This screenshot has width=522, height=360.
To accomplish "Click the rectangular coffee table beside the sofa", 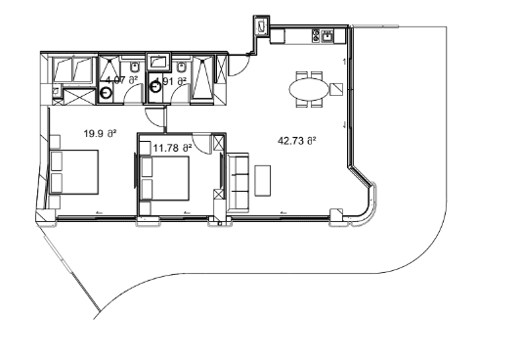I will click(263, 180).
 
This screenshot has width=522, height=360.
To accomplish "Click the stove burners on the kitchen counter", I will click(316, 37).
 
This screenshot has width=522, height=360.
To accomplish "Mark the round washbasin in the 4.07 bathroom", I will click(107, 92).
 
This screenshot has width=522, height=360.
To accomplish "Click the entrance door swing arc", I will click(236, 66).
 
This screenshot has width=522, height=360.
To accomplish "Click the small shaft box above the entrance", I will click(261, 27).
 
